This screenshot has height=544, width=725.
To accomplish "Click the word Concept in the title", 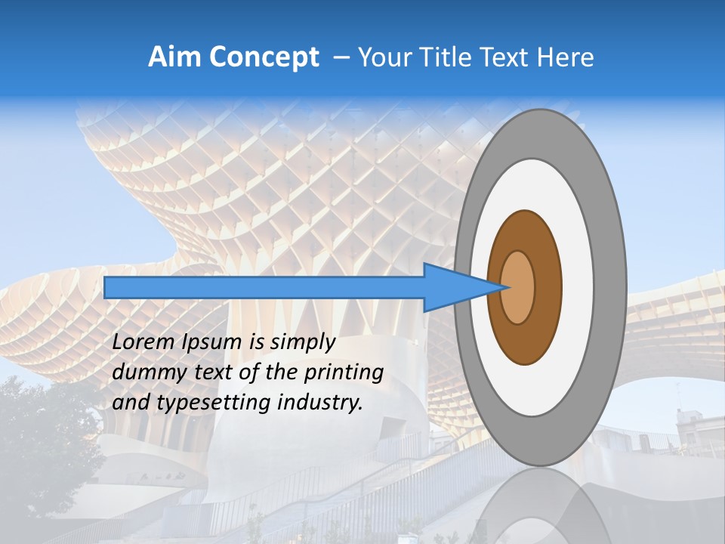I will point(264,57).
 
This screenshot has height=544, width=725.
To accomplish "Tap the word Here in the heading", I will point(565,57).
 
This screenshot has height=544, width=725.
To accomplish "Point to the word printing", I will point(344,373).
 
